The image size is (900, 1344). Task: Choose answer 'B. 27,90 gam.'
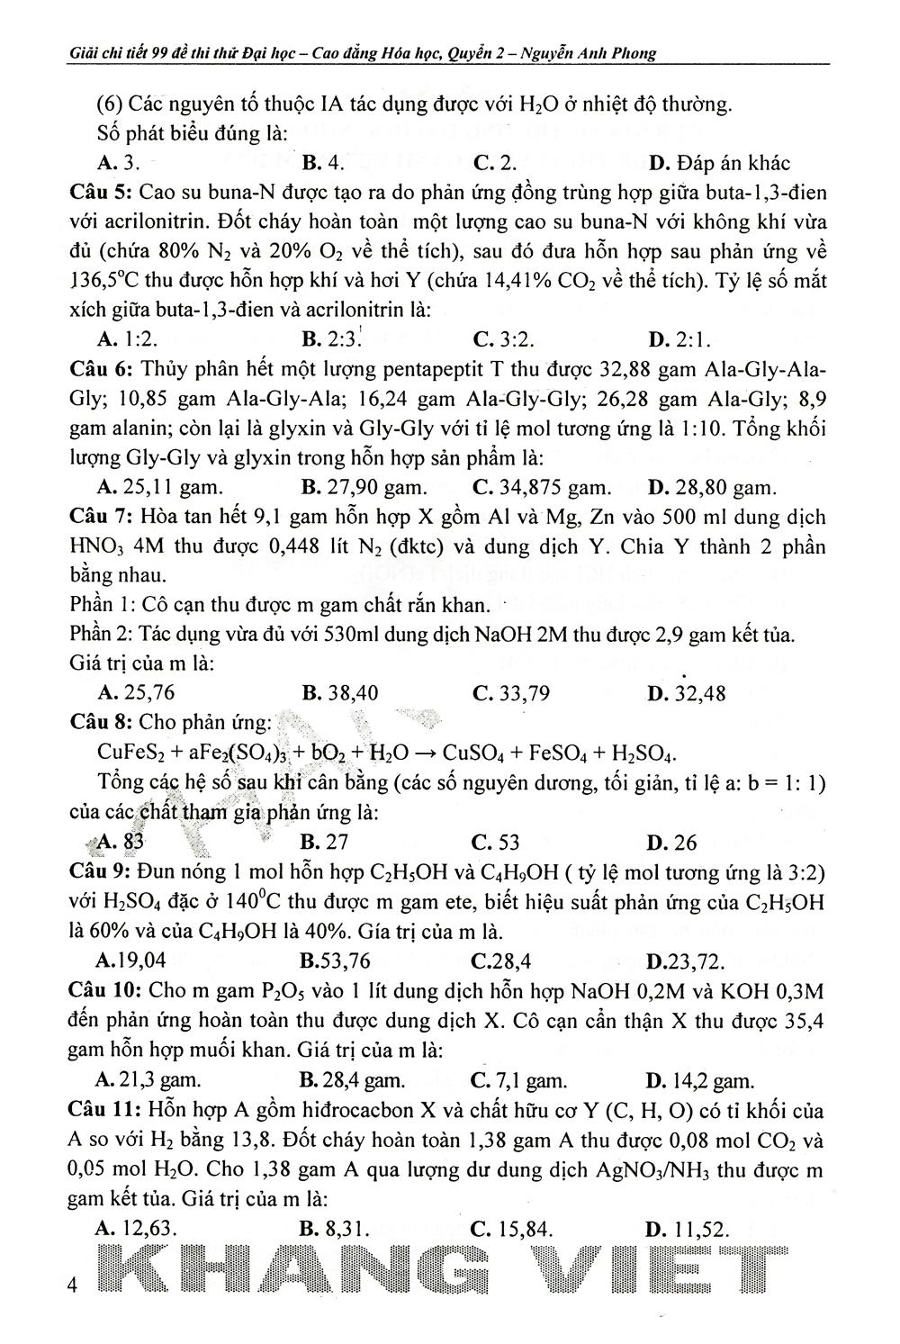pyautogui.click(x=364, y=488)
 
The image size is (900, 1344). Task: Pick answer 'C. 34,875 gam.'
pyautogui.click(x=541, y=488)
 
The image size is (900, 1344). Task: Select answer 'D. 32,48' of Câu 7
pyautogui.click(x=686, y=693)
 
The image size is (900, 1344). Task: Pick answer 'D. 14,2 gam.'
pyautogui.click(x=699, y=1080)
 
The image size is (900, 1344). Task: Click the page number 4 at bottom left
pyautogui.click(x=74, y=1285)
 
